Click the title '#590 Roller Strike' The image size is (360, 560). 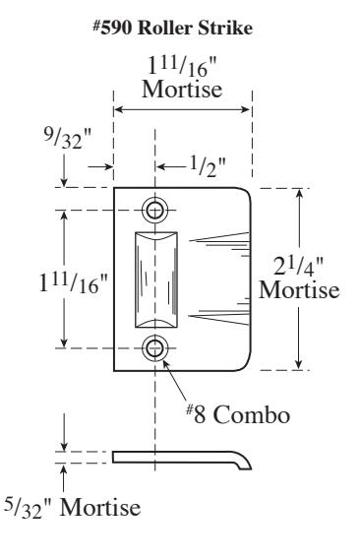pos(172,28)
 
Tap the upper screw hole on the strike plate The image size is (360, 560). pos(154,210)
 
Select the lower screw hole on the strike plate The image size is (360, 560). pos(154,347)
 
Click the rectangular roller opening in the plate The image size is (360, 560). pos(156,280)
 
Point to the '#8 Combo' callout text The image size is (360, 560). pos(238,414)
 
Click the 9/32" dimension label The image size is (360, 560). pos(68,138)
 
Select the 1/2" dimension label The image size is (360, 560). pos(208,166)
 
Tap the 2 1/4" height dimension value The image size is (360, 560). pos(298,267)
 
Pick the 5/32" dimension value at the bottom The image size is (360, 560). pos(28,508)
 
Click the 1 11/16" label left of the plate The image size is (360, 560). pos(73,282)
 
